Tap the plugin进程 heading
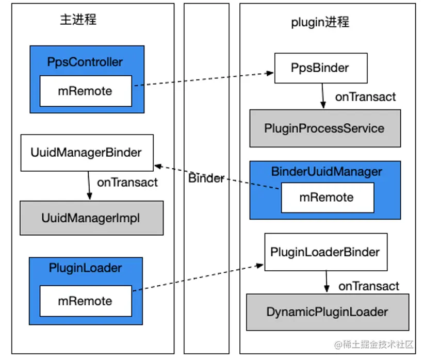point(320,22)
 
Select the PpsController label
point(85,62)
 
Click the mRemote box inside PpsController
point(85,91)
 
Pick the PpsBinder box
point(320,68)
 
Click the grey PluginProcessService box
point(324,128)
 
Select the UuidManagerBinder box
point(87,153)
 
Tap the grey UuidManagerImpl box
point(91,218)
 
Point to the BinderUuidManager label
point(327,172)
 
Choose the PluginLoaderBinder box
point(325,252)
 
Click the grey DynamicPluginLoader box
point(328,312)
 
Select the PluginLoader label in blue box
point(86,268)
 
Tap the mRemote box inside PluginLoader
point(85,301)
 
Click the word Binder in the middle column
point(206,178)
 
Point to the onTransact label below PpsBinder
point(365,96)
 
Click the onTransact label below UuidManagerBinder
point(127,182)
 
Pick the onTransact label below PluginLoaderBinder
point(369,286)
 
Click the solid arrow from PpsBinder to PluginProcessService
point(323,96)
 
